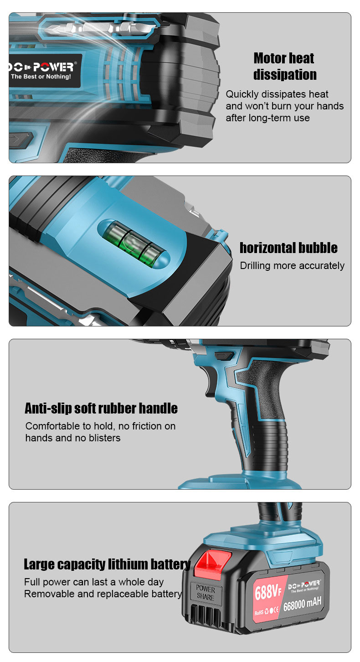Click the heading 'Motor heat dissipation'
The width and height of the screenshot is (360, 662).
point(284,66)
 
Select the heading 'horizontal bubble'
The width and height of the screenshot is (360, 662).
point(288,248)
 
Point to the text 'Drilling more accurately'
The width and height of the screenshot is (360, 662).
point(292,266)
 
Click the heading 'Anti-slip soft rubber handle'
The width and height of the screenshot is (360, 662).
point(101,408)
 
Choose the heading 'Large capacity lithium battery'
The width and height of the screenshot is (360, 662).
point(107,564)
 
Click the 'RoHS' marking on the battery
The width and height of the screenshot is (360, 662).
point(259,613)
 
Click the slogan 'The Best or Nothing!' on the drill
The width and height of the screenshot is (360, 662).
point(41,77)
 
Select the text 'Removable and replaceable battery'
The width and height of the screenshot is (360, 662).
point(103,594)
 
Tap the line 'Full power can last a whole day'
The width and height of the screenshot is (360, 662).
point(94,582)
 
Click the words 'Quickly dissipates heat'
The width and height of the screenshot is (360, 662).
point(277,94)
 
